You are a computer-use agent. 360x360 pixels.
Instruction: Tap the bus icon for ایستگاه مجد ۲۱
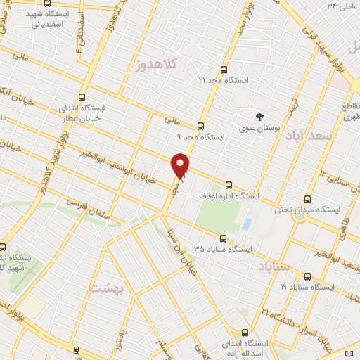tap(224, 70)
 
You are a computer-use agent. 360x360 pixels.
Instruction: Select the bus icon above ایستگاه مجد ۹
tap(201, 127)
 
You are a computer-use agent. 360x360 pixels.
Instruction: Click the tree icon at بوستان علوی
tap(261, 117)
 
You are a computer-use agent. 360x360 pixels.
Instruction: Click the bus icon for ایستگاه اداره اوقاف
tap(228, 185)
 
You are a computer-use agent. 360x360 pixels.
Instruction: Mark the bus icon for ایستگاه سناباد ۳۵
tap(223, 238)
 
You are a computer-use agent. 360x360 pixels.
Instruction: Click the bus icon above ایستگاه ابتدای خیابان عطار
tap(83, 98)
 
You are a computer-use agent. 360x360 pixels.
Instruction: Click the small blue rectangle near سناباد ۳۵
tap(247, 224)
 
